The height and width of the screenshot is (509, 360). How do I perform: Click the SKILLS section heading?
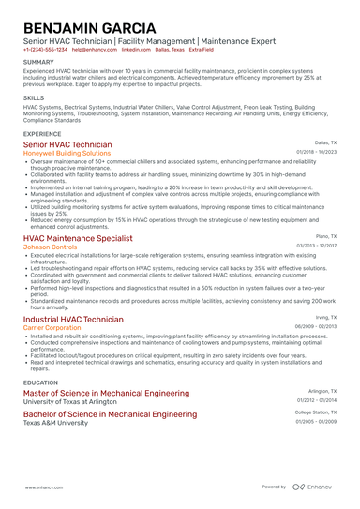point(33,97)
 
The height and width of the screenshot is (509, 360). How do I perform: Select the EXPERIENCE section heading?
point(43,134)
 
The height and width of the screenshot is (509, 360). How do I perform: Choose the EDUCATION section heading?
point(40,382)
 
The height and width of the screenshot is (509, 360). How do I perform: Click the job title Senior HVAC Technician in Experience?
point(67,145)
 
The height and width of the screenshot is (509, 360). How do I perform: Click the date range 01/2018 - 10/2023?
point(316,152)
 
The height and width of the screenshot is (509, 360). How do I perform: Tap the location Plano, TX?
point(325,237)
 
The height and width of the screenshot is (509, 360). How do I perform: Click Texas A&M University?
point(59,423)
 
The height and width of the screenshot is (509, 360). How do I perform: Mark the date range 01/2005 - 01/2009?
point(316,421)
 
